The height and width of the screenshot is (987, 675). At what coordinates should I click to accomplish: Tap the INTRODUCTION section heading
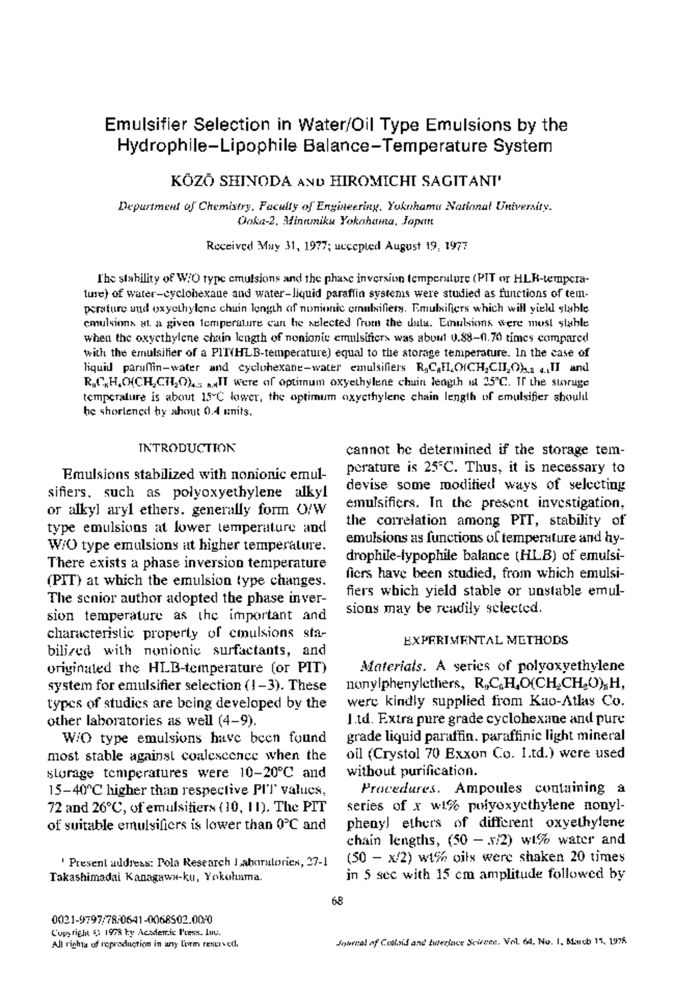[x=187, y=448]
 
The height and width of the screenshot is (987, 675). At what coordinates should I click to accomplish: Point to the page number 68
[x=337, y=900]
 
